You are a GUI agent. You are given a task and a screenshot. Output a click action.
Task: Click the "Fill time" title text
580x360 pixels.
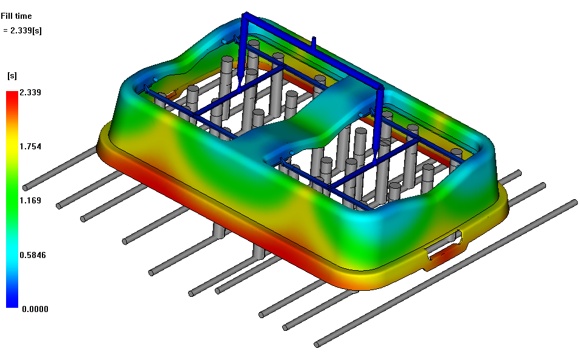click(x=16, y=16)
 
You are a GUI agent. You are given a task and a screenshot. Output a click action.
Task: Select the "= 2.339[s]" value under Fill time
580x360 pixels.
click(x=22, y=31)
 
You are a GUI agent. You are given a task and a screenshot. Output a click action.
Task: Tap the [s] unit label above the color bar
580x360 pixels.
click(x=12, y=76)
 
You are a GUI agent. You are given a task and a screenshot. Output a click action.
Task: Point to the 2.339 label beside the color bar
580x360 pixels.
click(x=30, y=92)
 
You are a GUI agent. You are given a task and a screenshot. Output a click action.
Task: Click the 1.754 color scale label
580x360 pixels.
click(x=30, y=146)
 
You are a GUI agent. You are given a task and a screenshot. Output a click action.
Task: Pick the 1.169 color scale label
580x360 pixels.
click(x=30, y=200)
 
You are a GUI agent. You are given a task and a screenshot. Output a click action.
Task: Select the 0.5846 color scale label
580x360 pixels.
click(x=33, y=255)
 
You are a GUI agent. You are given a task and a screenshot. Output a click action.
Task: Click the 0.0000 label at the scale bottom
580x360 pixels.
click(x=35, y=309)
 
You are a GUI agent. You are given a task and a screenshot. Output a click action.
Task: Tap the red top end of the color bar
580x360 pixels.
click(x=12, y=93)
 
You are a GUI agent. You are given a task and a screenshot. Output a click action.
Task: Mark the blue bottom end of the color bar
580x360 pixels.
click(x=12, y=305)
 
